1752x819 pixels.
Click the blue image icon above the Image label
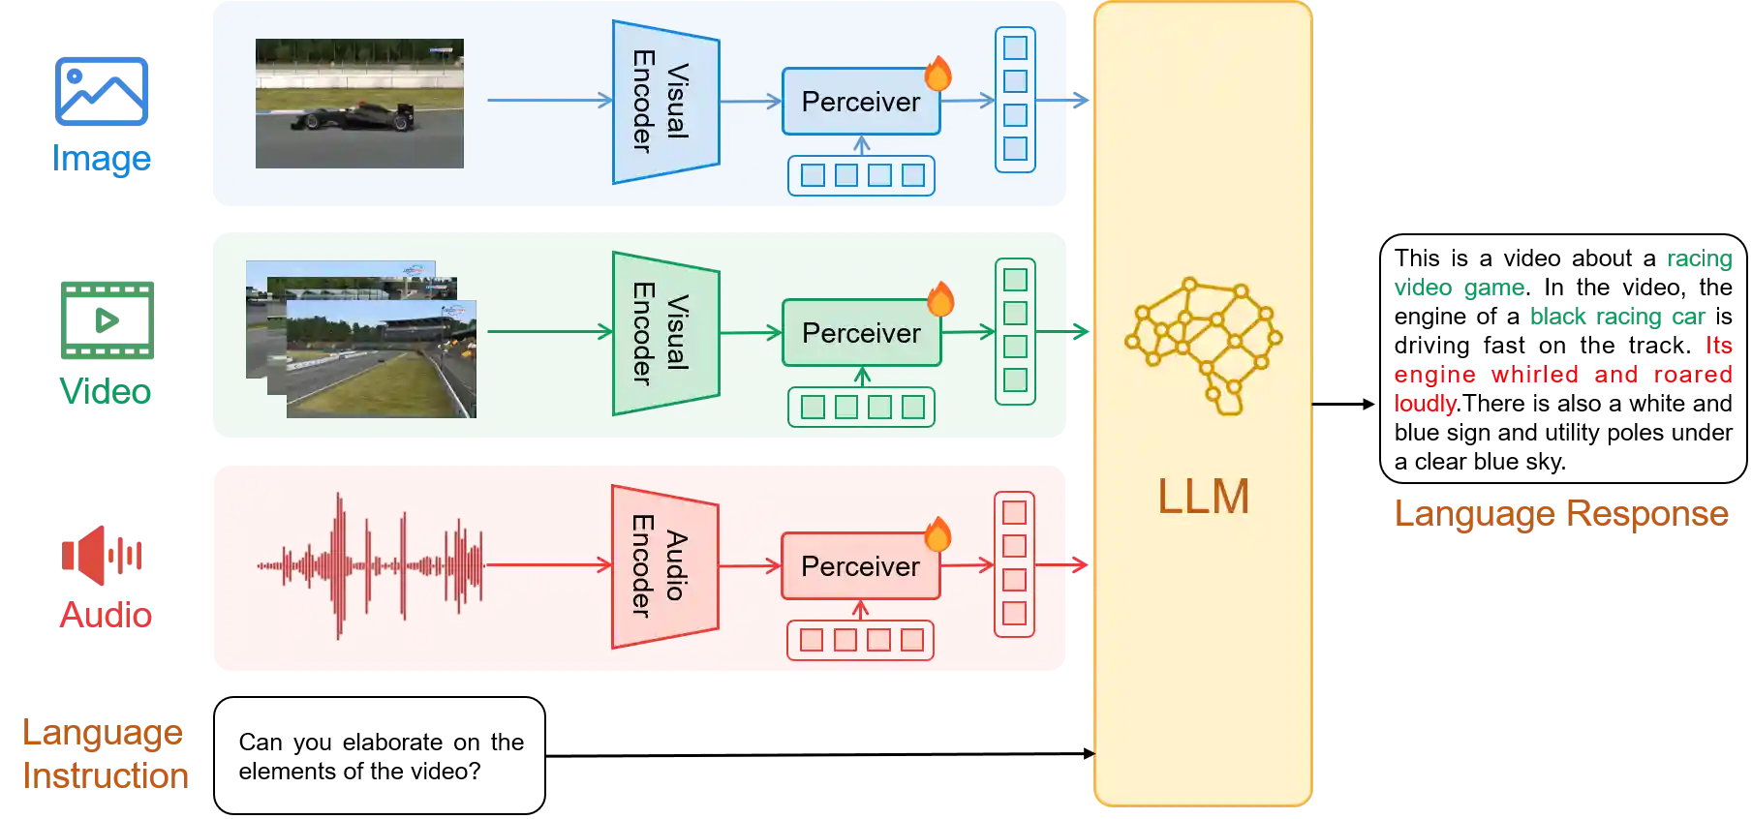[x=102, y=92]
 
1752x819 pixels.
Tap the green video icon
[x=105, y=320]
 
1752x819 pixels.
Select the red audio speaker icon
[x=102, y=555]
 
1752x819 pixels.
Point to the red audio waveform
[x=370, y=566]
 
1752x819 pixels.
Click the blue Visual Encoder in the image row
[x=665, y=102]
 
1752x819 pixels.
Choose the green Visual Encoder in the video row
[x=665, y=333]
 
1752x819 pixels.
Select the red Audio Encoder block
[x=664, y=566]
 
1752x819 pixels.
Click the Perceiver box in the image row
[x=860, y=102]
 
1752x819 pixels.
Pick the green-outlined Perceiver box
[x=861, y=333]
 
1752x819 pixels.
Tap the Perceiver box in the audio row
[x=860, y=566]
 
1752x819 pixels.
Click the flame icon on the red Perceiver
[x=937, y=534]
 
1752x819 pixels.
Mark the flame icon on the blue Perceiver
[x=937, y=73]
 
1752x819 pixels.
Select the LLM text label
[x=1204, y=497]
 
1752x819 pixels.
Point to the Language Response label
[x=1562, y=512]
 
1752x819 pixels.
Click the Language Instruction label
[x=106, y=753]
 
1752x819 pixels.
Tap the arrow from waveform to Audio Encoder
[x=548, y=565]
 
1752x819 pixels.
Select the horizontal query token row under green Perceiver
[x=861, y=407]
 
